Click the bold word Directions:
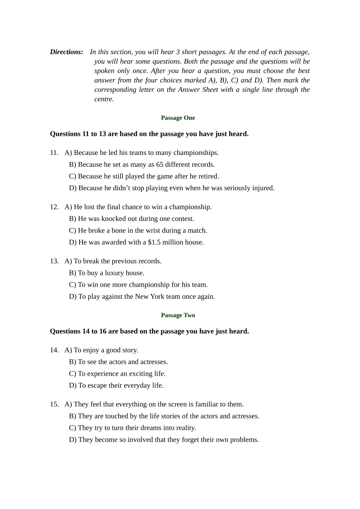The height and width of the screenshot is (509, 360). tap(67, 52)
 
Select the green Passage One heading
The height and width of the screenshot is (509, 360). tap(178, 118)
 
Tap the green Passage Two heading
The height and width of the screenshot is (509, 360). tap(178, 315)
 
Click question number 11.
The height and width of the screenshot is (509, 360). tap(54, 153)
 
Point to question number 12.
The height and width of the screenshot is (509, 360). tap(54, 207)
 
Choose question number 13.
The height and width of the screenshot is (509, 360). tap(54, 261)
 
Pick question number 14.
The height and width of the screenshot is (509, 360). tap(54, 350)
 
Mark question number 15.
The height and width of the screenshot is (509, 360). tap(54, 404)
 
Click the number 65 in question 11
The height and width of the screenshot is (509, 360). tap(160, 164)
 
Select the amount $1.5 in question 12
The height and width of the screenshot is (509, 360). tap(154, 242)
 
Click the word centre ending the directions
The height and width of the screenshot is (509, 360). tap(104, 99)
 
